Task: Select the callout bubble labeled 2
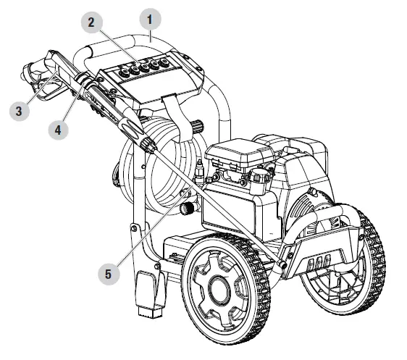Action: pos(91,22)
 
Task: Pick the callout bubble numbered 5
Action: pos(108,275)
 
